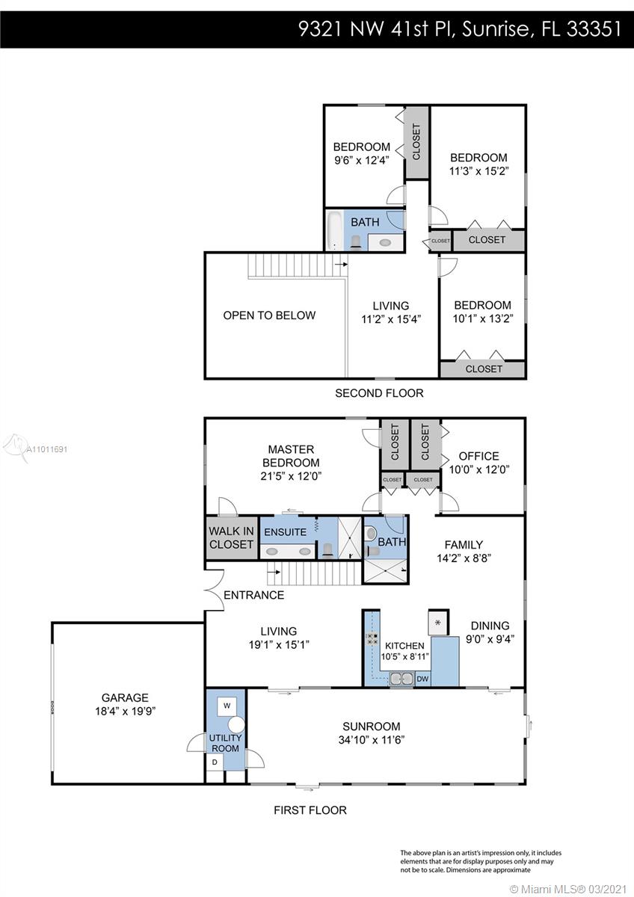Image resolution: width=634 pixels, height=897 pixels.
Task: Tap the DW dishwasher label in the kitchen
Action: [x=422, y=679]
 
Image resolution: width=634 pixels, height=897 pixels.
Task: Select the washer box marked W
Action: [x=227, y=706]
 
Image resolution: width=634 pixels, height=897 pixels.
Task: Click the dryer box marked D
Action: [x=215, y=762]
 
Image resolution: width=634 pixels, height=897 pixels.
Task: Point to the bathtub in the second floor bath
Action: [x=334, y=230]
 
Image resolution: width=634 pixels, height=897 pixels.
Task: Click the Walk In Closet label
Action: [x=231, y=537]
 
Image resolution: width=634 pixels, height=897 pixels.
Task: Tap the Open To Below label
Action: [x=269, y=315]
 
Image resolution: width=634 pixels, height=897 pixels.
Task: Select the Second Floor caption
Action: [x=379, y=393]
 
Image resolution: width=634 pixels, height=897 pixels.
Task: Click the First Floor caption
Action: [x=310, y=810]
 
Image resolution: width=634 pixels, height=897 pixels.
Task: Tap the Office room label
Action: [x=479, y=456]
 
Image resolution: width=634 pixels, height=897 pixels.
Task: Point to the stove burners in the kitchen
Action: [x=372, y=638]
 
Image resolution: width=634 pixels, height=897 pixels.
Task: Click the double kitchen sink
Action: [x=401, y=679]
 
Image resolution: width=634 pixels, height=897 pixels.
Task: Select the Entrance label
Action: [x=254, y=595]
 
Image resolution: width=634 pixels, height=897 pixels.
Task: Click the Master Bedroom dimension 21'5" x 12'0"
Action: [x=291, y=476]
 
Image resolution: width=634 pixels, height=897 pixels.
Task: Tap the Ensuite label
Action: [x=285, y=532]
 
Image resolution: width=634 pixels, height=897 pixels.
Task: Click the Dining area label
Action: [x=490, y=626]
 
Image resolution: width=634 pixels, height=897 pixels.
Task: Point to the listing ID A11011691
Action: [x=47, y=449]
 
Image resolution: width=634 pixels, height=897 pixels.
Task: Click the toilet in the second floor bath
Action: [x=356, y=242]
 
